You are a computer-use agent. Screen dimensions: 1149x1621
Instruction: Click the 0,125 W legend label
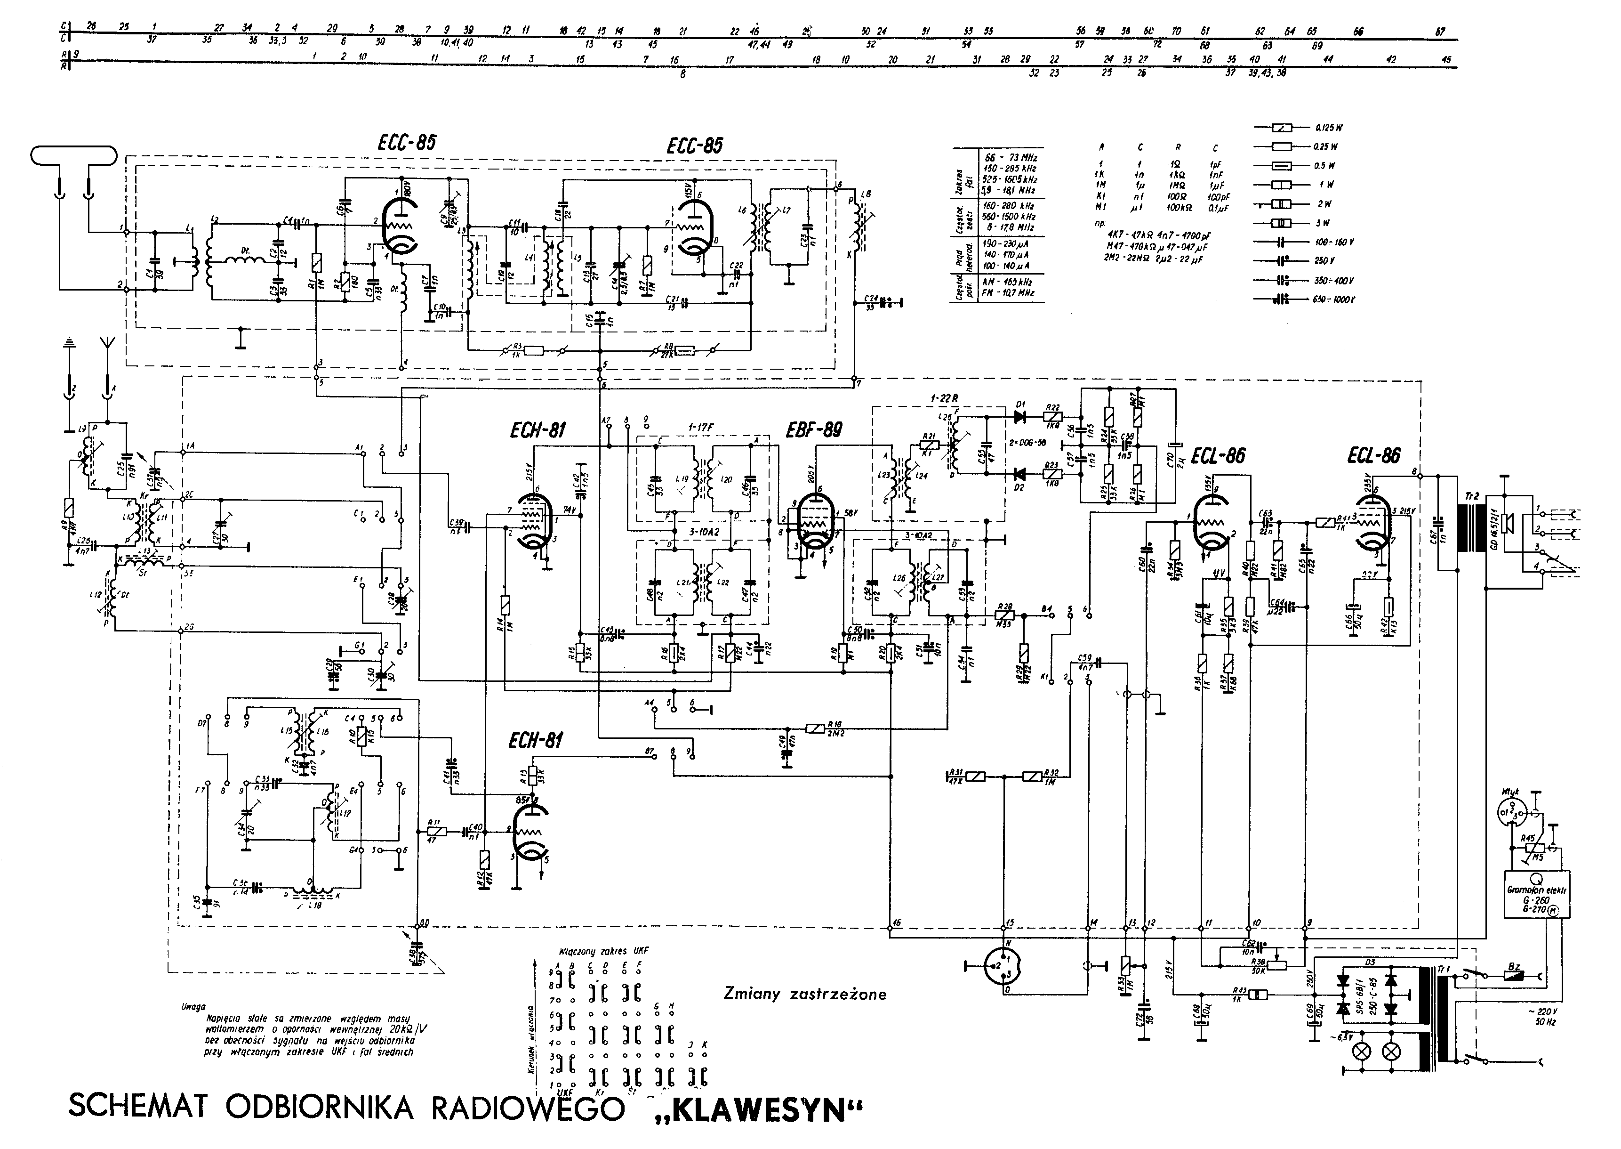pos(1328,128)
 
